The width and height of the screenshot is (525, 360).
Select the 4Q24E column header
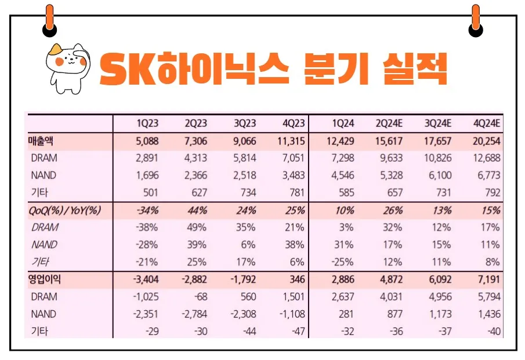(486, 123)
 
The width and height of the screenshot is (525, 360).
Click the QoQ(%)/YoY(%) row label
(65, 210)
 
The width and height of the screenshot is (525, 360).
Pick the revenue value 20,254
(486, 140)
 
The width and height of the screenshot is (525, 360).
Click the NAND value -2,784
(193, 314)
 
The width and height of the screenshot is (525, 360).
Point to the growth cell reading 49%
(197, 228)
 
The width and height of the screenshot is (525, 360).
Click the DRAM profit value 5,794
(490, 297)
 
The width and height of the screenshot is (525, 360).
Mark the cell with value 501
(150, 192)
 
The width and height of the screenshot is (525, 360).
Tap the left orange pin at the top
(49, 20)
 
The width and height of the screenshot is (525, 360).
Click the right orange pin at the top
(476, 20)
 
